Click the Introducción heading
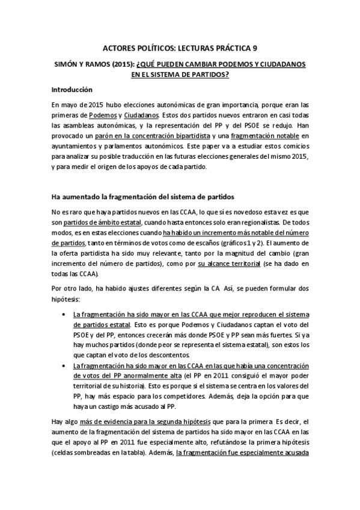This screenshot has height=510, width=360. point(72,90)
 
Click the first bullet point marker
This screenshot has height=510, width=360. point(65,315)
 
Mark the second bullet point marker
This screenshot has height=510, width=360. point(65,366)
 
